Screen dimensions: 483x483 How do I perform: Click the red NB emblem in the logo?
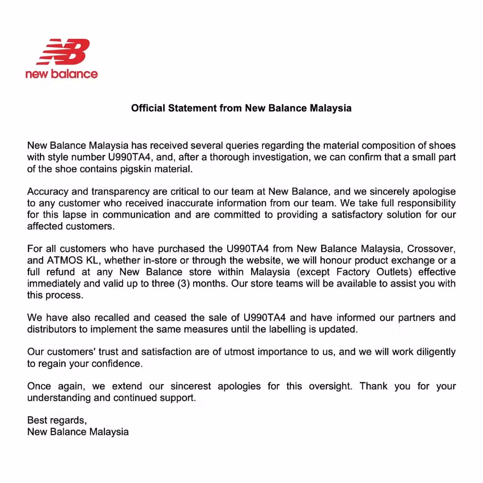coord(63,52)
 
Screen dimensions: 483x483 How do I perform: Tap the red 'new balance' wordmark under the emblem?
coord(61,74)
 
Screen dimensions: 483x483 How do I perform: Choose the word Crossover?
coord(431,249)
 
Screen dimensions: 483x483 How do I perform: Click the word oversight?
coord(330,386)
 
